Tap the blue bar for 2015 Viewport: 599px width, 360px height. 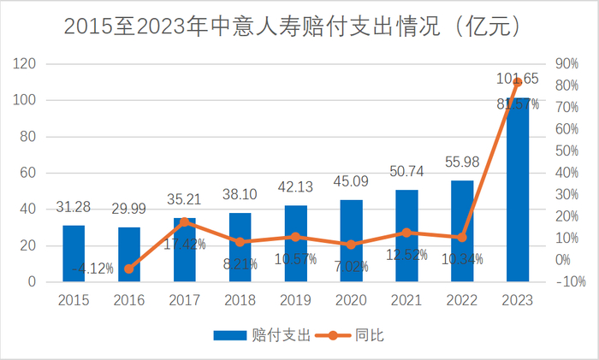coord(74,253)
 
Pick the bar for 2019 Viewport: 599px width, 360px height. coord(295,244)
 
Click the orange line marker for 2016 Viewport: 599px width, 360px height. coord(129,269)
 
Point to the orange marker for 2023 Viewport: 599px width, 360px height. coord(518,82)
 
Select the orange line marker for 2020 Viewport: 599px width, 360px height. coord(351,245)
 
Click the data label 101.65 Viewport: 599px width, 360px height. coord(518,79)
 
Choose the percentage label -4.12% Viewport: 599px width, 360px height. coord(92,269)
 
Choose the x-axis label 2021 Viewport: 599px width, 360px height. coord(406,300)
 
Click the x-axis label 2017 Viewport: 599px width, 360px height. coord(185,300)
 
